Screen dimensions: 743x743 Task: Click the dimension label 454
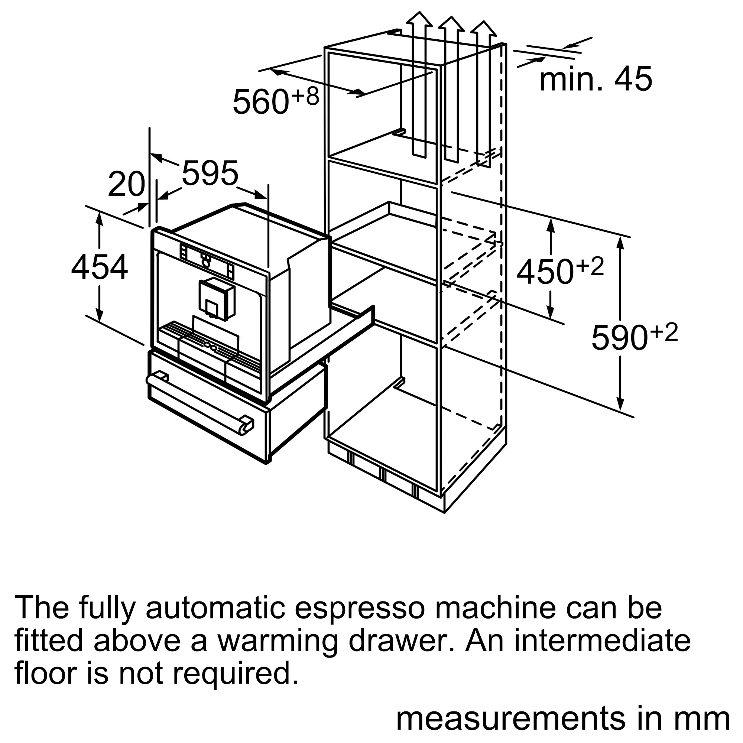tap(100, 267)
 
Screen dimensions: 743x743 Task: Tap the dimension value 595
tap(210, 173)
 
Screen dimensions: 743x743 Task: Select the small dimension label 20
tap(126, 185)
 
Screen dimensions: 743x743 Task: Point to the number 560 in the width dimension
tap(261, 101)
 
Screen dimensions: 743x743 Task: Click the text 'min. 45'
tap(596, 78)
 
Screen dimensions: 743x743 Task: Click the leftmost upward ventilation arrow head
tap(419, 19)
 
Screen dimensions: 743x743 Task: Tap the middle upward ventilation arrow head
tap(451, 23)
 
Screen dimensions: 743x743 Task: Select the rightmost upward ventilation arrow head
tap(483, 29)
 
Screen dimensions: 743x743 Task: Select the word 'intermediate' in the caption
tap(602, 641)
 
